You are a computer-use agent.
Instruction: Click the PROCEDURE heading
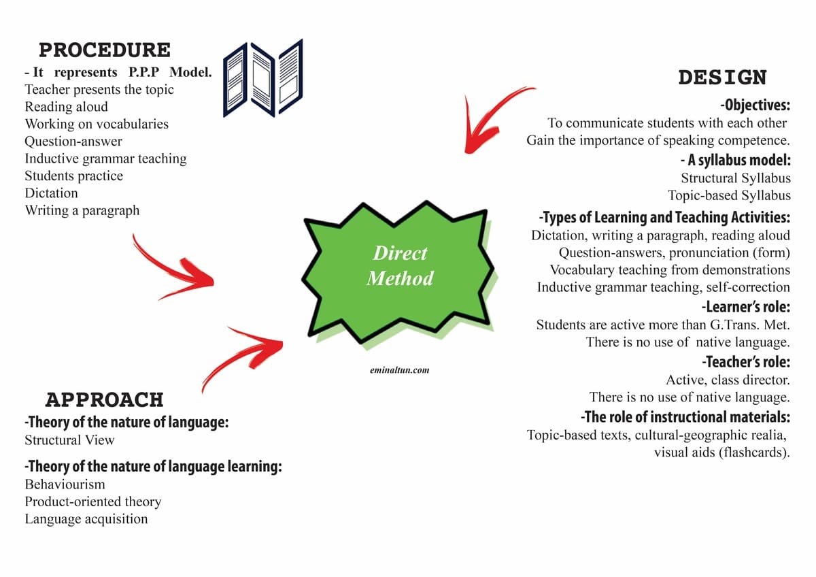[105, 50]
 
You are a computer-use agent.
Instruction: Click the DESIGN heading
[723, 78]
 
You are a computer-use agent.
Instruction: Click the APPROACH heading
[105, 399]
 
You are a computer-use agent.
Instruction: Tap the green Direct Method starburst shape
[398, 271]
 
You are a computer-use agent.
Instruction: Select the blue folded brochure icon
[263, 78]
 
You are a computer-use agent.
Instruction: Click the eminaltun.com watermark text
[400, 370]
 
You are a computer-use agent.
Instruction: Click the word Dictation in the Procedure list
[52, 193]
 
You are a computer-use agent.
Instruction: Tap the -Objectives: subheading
[755, 105]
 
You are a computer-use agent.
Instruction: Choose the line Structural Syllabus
[736, 178]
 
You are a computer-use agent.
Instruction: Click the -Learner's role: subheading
[746, 307]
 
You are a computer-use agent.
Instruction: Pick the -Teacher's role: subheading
[746, 362]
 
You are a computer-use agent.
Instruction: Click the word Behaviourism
[65, 484]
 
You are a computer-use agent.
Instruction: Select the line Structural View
[69, 440]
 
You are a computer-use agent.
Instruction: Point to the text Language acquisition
[86, 519]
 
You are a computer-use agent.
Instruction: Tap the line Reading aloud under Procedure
[67, 107]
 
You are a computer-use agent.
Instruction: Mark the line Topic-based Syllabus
[729, 195]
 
